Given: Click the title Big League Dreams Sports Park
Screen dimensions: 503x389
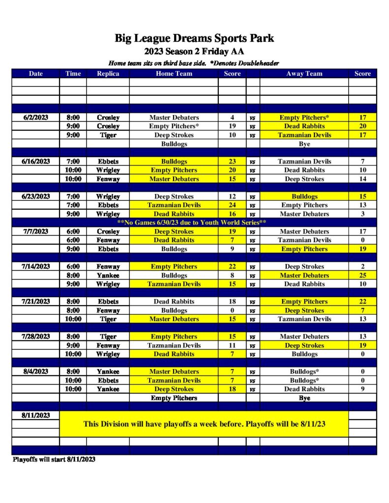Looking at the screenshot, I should pyautogui.click(x=194, y=38).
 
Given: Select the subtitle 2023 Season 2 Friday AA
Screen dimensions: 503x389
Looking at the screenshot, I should pyautogui.click(x=194, y=51).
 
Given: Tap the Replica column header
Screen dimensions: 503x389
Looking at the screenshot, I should pyautogui.click(x=108, y=74).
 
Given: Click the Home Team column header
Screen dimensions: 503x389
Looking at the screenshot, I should pyautogui.click(x=174, y=74).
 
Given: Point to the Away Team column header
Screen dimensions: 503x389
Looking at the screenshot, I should pyautogui.click(x=304, y=74).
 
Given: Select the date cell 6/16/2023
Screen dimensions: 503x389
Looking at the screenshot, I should pyautogui.click(x=36, y=161).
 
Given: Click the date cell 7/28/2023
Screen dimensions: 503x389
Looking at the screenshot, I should pyautogui.click(x=36, y=336).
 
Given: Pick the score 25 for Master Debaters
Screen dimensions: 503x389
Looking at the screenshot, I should pyautogui.click(x=363, y=276).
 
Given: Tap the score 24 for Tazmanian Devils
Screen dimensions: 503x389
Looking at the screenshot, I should pyautogui.click(x=232, y=205).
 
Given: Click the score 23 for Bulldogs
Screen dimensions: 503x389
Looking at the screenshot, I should pyautogui.click(x=232, y=161).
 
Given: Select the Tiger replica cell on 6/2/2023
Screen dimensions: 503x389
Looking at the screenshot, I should pyautogui.click(x=108, y=135).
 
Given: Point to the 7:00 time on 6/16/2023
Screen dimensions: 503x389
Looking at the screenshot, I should pyautogui.click(x=73, y=161).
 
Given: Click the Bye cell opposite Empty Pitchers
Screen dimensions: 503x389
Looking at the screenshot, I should pyautogui.click(x=304, y=398).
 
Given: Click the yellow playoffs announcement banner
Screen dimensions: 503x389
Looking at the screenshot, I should pyautogui.click(x=204, y=424).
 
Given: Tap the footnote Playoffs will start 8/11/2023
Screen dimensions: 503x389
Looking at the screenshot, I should pyautogui.click(x=54, y=459).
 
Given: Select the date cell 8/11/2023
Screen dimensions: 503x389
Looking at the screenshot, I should pyautogui.click(x=36, y=415).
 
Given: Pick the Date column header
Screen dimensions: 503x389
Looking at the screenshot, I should pyautogui.click(x=36, y=74).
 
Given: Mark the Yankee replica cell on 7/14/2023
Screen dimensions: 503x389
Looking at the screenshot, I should pyautogui.click(x=108, y=276).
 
